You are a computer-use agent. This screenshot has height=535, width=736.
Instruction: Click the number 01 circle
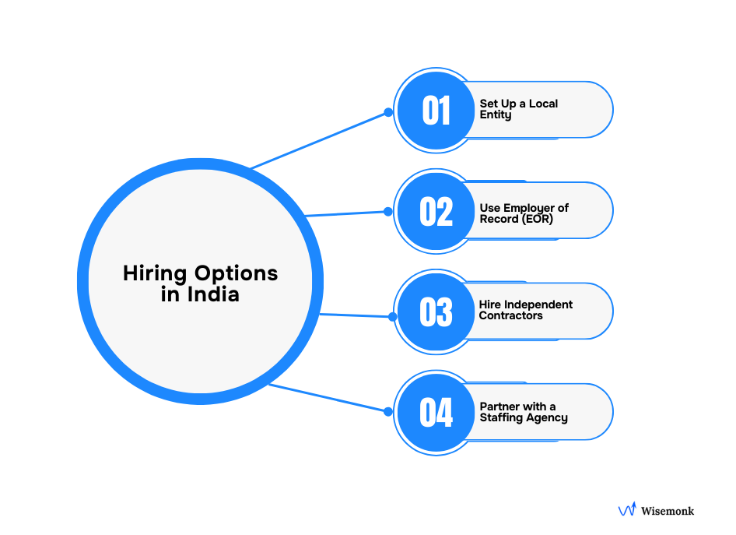[x=436, y=111]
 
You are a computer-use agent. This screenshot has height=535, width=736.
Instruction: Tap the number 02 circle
[x=436, y=211]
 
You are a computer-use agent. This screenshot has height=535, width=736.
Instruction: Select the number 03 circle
[x=436, y=311]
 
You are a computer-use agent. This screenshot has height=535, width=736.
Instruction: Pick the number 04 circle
[x=436, y=412]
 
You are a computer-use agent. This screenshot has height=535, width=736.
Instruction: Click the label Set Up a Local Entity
[x=518, y=109]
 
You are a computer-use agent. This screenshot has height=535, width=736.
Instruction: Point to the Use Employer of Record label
[x=524, y=213]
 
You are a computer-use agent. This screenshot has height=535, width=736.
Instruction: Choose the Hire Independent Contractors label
[x=525, y=310]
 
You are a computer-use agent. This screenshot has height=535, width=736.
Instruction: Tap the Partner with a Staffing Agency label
[x=523, y=412]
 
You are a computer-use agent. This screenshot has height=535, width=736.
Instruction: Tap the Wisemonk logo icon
[x=627, y=510]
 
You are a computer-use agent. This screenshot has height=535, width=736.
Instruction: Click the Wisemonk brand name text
[x=668, y=511]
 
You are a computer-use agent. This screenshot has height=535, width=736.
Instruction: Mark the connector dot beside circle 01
[x=387, y=112]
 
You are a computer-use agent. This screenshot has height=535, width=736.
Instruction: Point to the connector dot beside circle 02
[x=387, y=211]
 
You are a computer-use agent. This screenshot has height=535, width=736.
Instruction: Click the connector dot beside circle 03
[x=392, y=316]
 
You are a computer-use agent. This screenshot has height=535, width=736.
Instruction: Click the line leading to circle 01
[x=319, y=140]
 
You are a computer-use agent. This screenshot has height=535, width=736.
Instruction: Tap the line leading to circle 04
[x=327, y=397]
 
